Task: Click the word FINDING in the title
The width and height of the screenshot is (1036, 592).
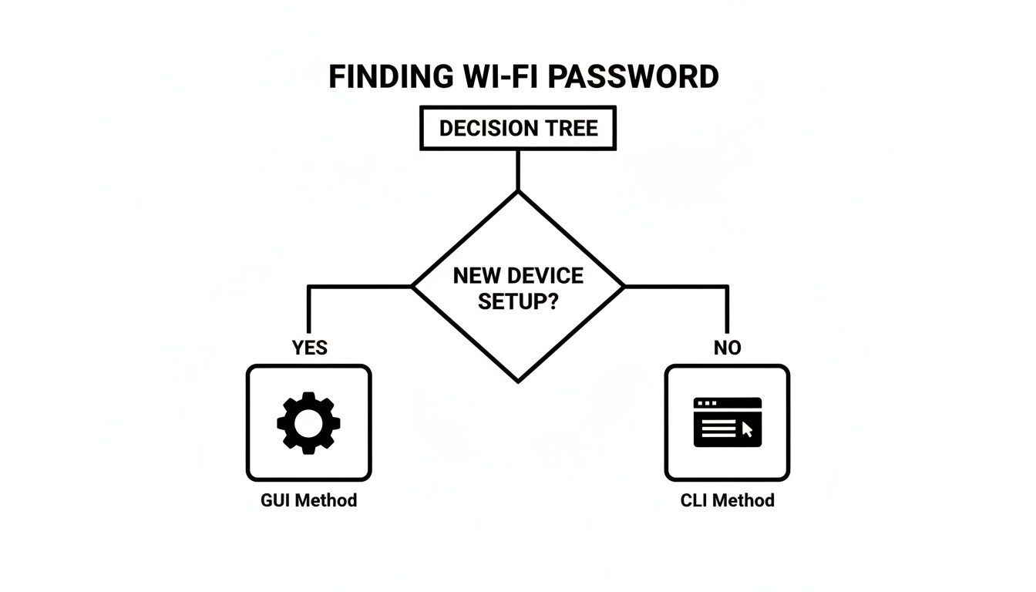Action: (x=391, y=77)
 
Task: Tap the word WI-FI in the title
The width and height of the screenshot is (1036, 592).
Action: (x=502, y=77)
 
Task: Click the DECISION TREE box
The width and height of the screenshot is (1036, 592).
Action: (x=518, y=128)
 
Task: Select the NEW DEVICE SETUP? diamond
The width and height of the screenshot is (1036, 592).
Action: (x=518, y=287)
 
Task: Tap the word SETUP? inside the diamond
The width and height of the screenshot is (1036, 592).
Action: (x=518, y=301)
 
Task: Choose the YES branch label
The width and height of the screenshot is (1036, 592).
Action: (x=309, y=348)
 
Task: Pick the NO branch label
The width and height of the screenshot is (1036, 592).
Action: (x=727, y=348)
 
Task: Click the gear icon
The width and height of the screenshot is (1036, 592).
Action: (x=308, y=422)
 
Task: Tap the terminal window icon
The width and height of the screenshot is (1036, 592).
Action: (x=727, y=422)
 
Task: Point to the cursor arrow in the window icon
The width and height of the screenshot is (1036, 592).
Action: (x=746, y=429)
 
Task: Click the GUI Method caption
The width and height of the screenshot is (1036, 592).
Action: (x=308, y=500)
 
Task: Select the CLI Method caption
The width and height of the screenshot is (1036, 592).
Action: (x=727, y=500)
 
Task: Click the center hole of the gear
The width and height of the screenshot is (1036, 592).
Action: (x=308, y=422)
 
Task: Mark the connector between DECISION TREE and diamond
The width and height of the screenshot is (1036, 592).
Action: (x=518, y=170)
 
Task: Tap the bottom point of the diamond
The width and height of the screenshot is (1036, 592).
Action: (x=518, y=380)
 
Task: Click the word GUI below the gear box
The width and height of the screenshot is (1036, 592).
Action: (x=276, y=500)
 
